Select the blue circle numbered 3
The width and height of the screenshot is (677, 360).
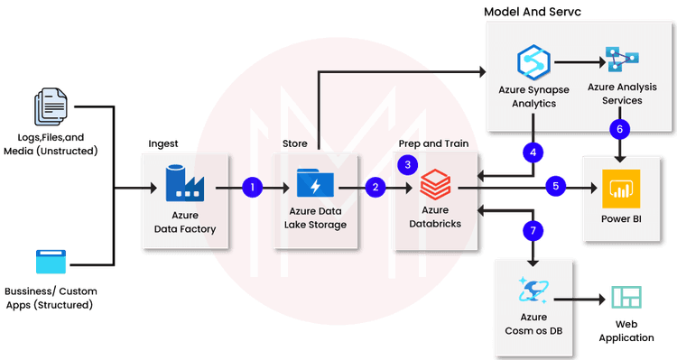click(408, 164)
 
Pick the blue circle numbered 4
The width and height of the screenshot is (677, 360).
click(533, 152)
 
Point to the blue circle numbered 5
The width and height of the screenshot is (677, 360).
click(556, 187)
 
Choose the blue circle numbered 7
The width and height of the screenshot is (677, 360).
click(533, 231)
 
